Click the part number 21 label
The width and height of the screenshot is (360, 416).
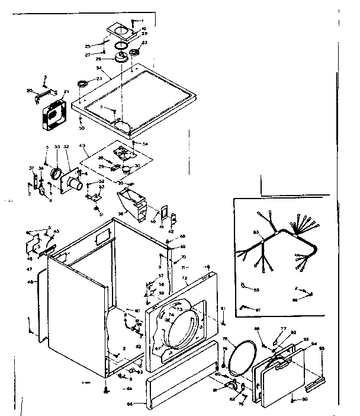(x=66, y=91)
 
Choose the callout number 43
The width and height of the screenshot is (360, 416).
(x=82, y=146)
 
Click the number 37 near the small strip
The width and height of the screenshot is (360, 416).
(x=32, y=168)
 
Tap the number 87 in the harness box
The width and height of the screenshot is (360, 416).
(x=258, y=310)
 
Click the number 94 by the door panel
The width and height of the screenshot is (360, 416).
(x=314, y=344)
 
